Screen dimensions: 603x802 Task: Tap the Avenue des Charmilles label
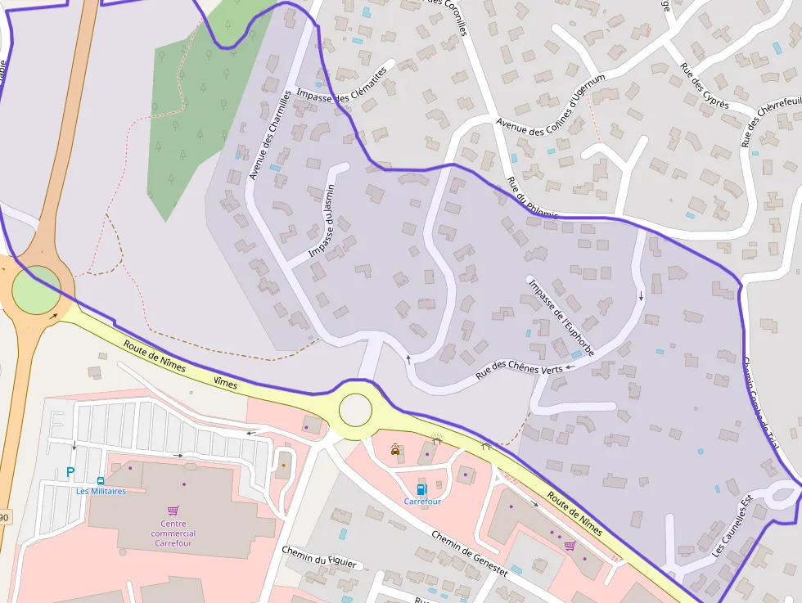click(x=271, y=136)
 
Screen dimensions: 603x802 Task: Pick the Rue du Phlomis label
click(x=532, y=199)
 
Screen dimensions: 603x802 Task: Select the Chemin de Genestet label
click(x=470, y=553)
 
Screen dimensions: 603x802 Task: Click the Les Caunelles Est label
click(x=731, y=536)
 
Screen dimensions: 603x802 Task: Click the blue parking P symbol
click(x=70, y=472)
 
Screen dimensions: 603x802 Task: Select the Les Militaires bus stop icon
click(x=100, y=481)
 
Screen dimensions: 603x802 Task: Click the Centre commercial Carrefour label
click(x=173, y=533)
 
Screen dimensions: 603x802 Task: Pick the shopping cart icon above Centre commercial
click(x=173, y=510)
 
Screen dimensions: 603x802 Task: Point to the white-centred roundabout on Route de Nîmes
click(x=355, y=410)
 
